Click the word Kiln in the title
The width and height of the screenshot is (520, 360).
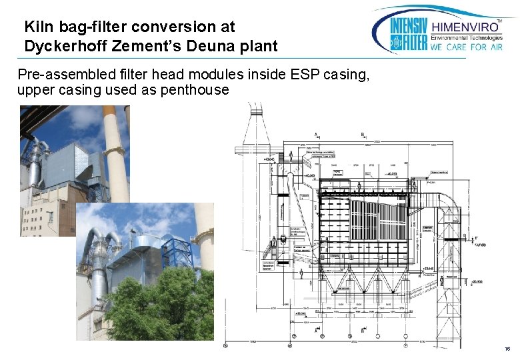36,27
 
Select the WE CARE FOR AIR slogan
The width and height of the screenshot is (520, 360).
467,47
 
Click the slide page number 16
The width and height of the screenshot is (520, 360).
507,348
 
